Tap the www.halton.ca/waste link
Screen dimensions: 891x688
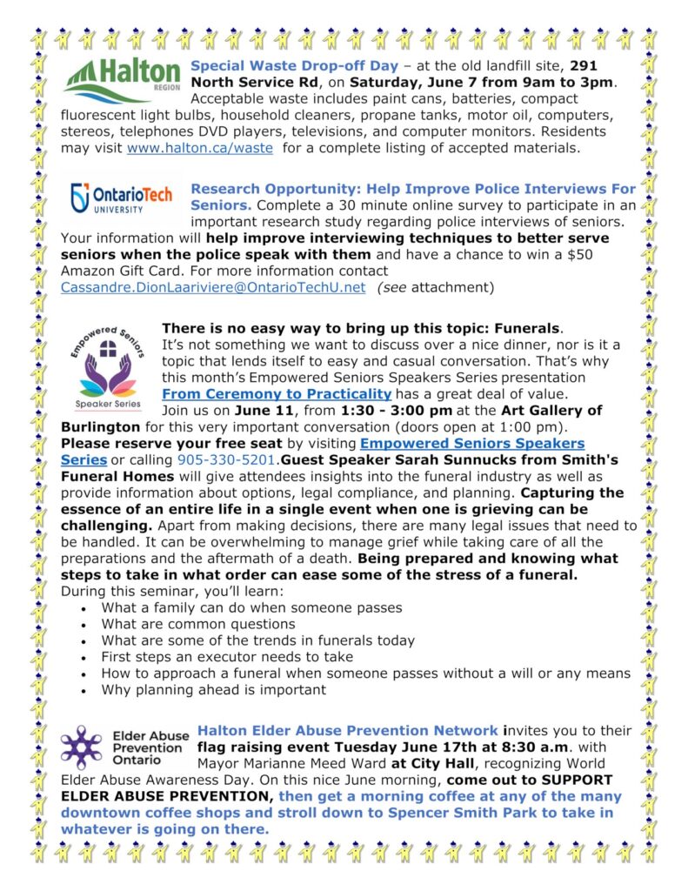201,148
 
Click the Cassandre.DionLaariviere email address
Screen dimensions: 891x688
213,288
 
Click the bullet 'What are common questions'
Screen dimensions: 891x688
198,624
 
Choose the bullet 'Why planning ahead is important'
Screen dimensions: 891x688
213,690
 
